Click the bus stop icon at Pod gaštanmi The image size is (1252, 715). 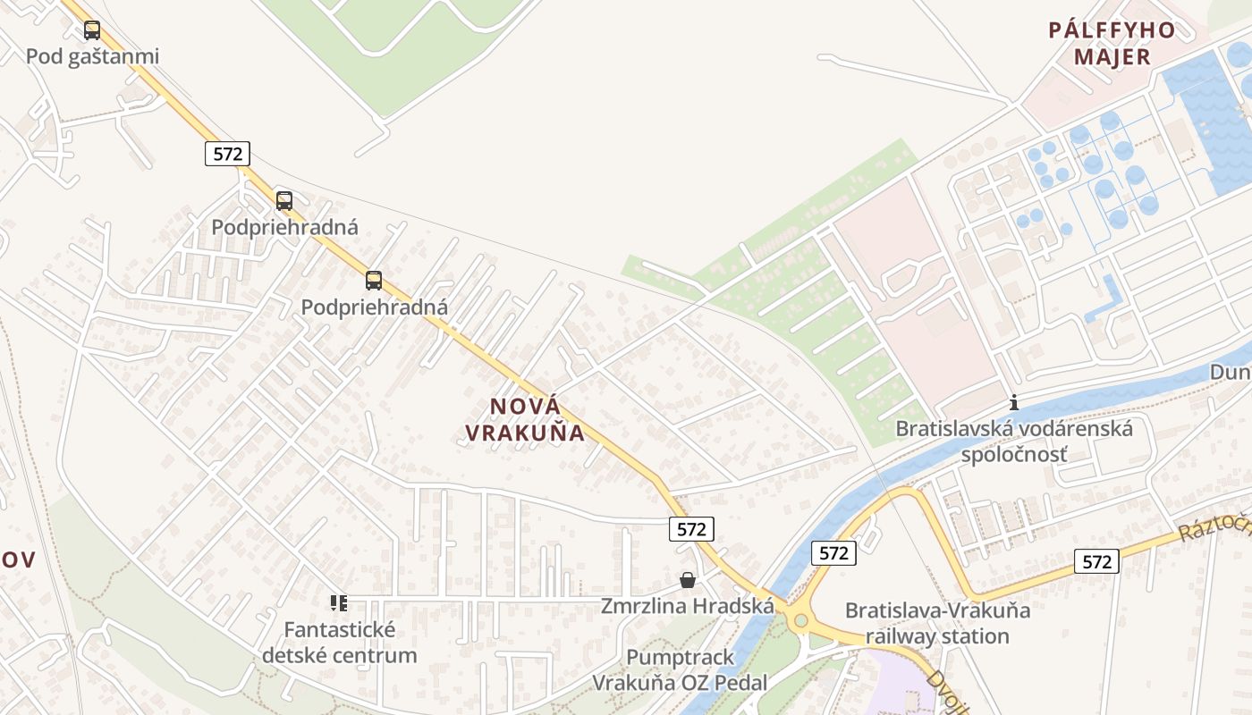click(x=92, y=30)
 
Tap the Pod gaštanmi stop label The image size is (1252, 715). click(x=92, y=56)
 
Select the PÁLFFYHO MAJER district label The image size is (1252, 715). click(x=1112, y=43)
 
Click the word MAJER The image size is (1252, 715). click(x=1112, y=57)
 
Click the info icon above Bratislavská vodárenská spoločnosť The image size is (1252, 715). click(x=1013, y=402)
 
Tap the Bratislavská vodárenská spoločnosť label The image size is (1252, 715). click(x=1014, y=442)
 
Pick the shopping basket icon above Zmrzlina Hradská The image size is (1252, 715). click(x=687, y=580)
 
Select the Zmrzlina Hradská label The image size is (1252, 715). click(x=687, y=606)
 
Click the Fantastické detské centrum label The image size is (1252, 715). click(x=339, y=642)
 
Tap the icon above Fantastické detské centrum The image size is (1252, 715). click(x=338, y=603)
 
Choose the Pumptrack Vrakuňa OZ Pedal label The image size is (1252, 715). click(x=680, y=669)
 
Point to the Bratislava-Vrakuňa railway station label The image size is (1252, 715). click(x=937, y=623)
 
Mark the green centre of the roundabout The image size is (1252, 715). click(x=800, y=620)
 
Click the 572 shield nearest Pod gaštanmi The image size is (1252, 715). click(x=227, y=154)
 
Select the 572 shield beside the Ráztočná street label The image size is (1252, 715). click(x=1096, y=561)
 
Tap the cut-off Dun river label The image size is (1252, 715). click(x=1231, y=372)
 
